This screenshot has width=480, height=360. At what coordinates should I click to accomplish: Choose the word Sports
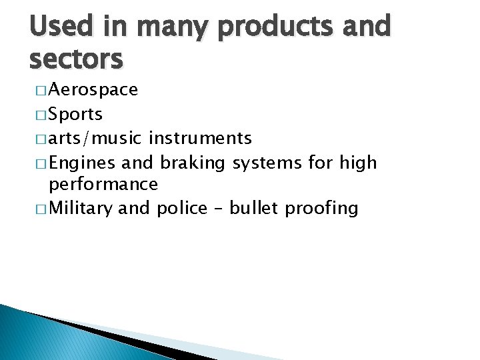[x=76, y=115]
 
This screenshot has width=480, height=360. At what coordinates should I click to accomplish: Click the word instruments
[x=201, y=139]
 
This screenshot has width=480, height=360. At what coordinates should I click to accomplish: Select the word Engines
[x=83, y=163]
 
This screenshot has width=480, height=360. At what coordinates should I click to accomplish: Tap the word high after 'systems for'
[x=358, y=163]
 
